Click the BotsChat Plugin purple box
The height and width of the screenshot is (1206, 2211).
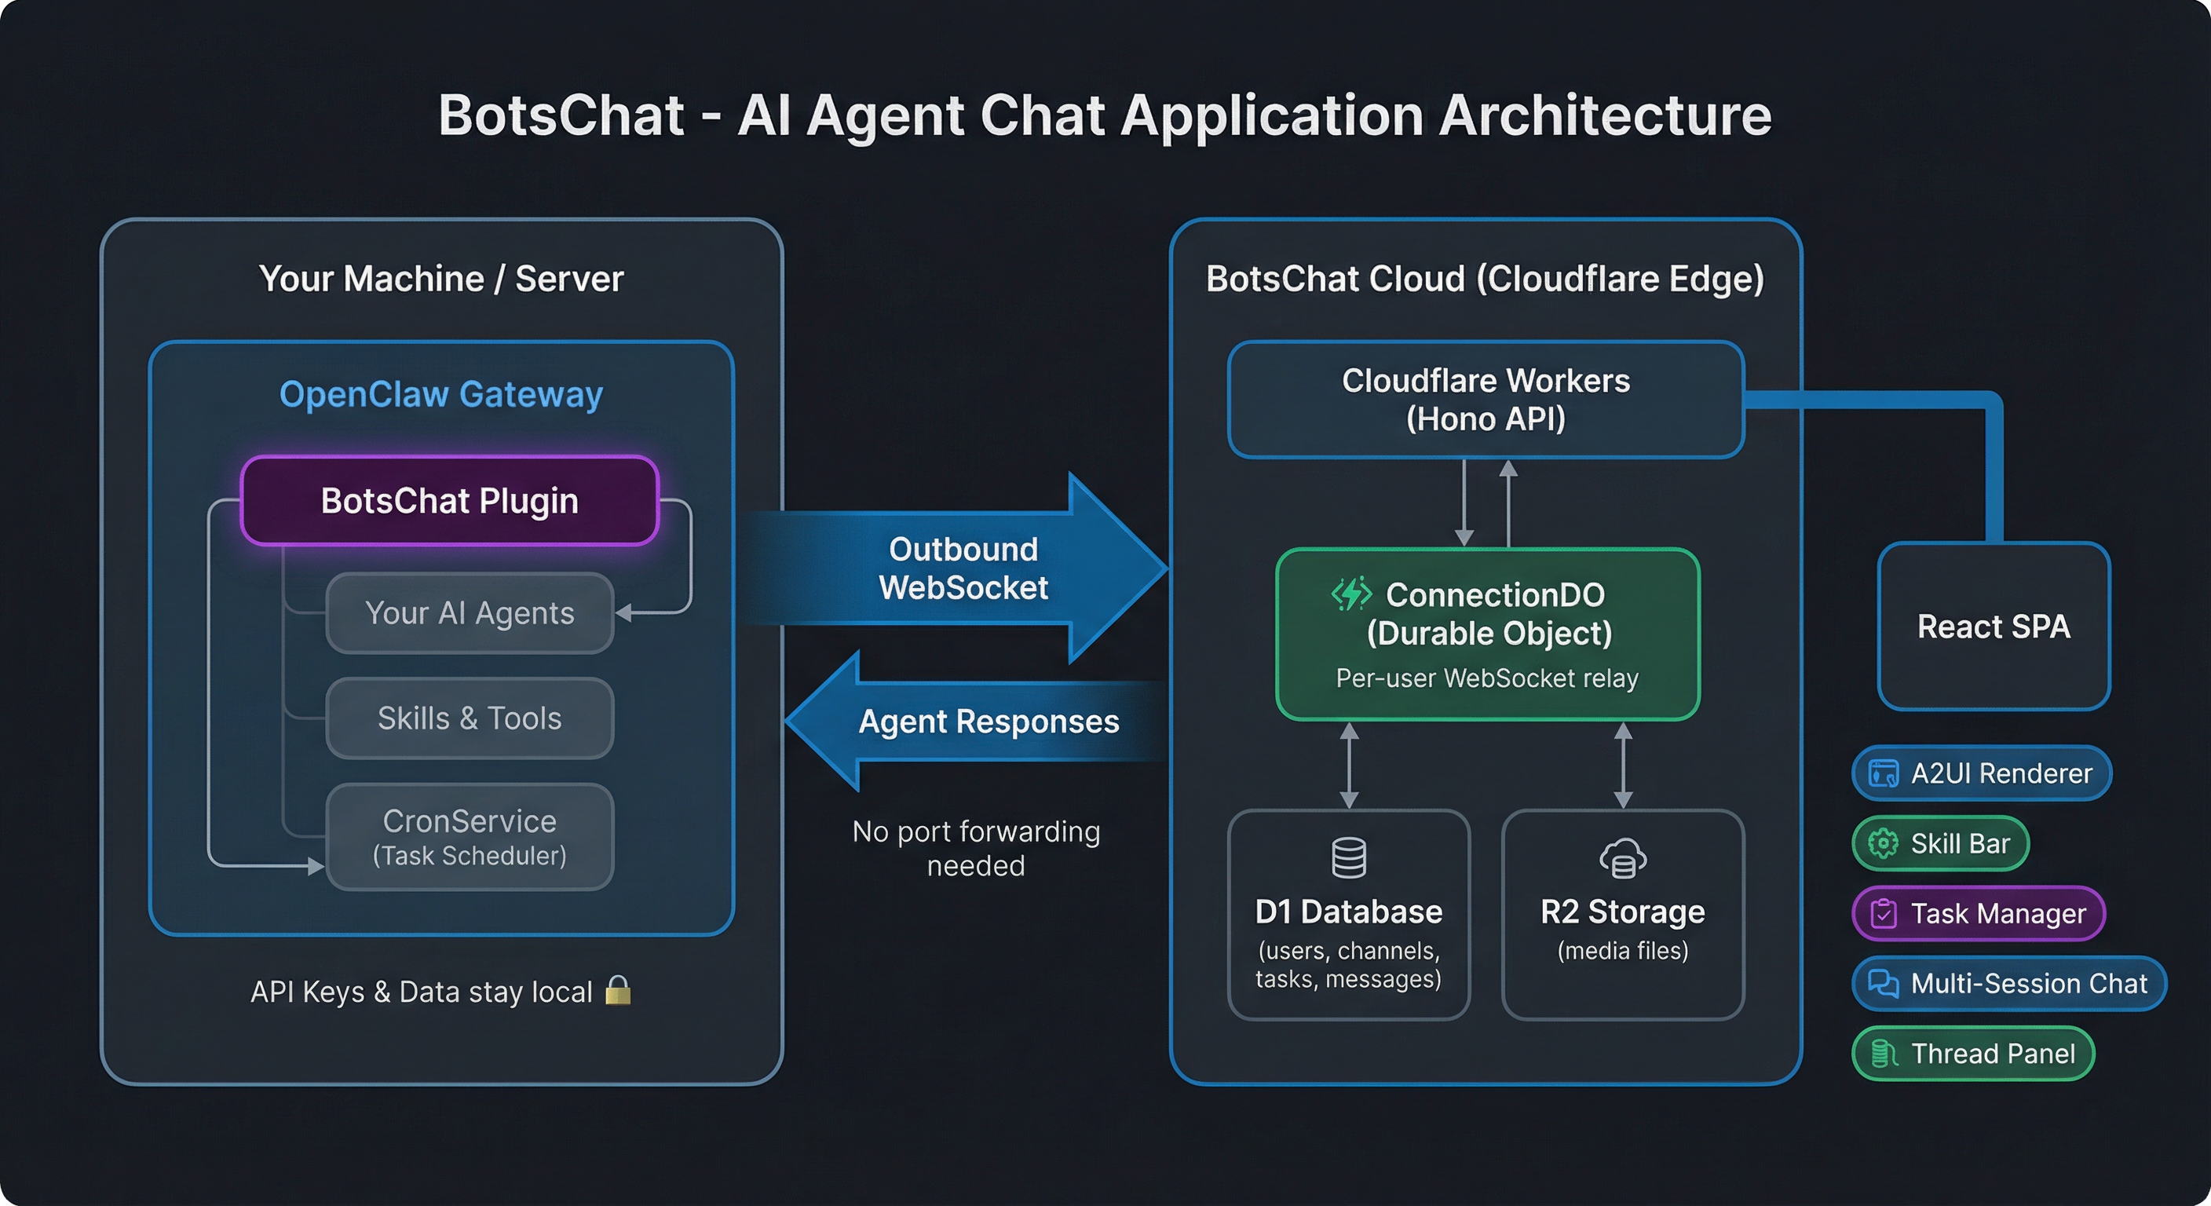click(449, 500)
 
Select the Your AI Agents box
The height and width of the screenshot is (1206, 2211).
click(470, 613)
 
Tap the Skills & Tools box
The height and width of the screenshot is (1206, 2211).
click(470, 718)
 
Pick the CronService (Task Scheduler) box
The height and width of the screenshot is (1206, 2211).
click(470, 836)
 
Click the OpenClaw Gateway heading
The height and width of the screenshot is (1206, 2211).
click(441, 394)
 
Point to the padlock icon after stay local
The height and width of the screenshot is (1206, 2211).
click(618, 991)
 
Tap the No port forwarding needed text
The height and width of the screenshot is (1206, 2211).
click(976, 848)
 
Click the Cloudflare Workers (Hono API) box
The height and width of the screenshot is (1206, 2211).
click(1486, 400)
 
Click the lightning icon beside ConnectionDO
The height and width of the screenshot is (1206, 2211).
click(1351, 593)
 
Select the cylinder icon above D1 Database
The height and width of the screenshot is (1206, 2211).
click(1348, 857)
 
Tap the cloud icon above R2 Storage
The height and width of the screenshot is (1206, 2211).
click(1622, 857)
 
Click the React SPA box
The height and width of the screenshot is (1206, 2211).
click(1993, 626)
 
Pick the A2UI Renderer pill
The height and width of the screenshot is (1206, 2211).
click(1981, 773)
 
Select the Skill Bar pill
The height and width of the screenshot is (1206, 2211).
click(1941, 844)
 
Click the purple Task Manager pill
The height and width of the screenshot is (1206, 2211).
click(1979, 913)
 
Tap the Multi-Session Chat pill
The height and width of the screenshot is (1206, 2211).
click(2008, 984)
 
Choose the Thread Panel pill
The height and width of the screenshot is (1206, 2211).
click(1973, 1053)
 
